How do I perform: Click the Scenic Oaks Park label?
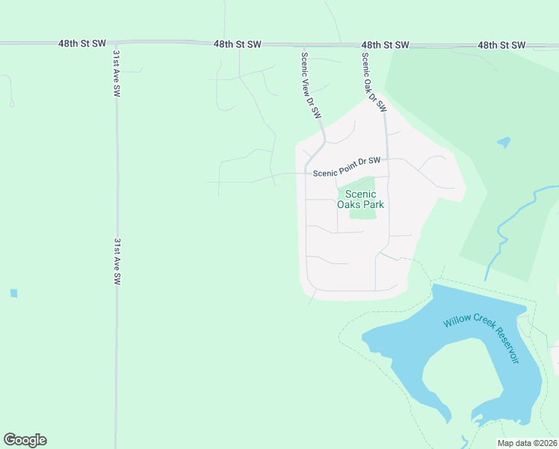click(x=365, y=198)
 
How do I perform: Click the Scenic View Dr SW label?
click(x=311, y=85)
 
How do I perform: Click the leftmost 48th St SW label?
click(x=82, y=44)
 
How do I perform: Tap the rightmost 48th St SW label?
click(x=501, y=45)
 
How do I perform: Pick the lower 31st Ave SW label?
click(x=117, y=261)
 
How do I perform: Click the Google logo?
click(x=25, y=440)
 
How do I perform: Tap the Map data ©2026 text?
click(x=527, y=443)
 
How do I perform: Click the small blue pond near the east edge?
click(x=504, y=141)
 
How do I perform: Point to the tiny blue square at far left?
click(x=13, y=293)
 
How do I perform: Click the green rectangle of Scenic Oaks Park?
click(x=363, y=213)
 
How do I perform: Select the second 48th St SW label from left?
click(x=237, y=44)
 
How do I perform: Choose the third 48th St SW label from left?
click(x=386, y=45)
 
